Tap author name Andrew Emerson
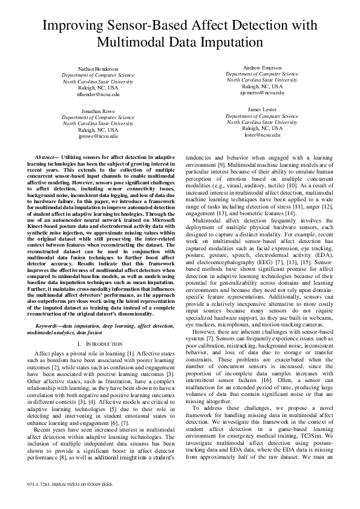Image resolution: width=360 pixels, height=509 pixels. (x=261, y=67)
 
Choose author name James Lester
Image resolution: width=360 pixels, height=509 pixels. (x=261, y=109)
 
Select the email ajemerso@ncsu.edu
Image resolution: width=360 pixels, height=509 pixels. (x=261, y=92)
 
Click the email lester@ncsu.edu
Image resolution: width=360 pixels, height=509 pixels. (x=261, y=135)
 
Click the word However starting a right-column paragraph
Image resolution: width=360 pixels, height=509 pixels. (x=204, y=332)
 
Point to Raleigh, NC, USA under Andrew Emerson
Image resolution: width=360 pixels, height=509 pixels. (x=261, y=86)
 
